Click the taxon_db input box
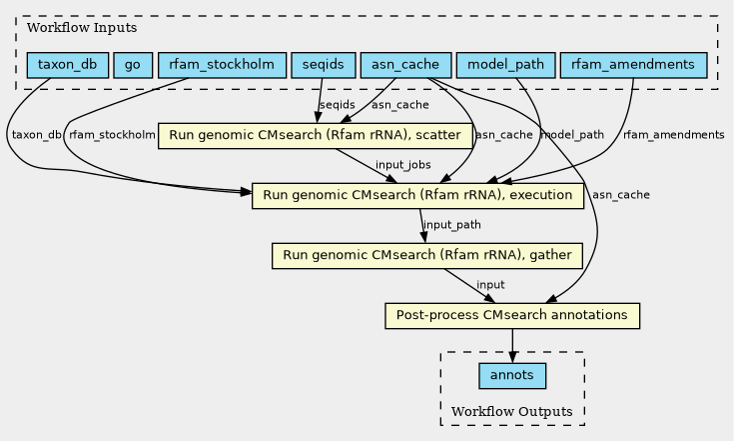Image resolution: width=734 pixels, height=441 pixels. click(67, 66)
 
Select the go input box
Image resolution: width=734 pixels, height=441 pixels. click(132, 66)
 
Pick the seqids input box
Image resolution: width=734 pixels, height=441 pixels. click(322, 66)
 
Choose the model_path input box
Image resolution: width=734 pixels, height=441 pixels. click(505, 66)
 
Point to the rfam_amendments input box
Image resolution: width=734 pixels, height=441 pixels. click(634, 66)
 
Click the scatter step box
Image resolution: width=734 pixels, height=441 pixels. click(315, 135)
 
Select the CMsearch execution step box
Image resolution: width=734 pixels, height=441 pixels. click(417, 196)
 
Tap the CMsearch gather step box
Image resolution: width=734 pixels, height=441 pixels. click(427, 256)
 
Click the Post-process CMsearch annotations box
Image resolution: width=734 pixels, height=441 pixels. click(511, 316)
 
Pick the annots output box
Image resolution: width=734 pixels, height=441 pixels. click(512, 376)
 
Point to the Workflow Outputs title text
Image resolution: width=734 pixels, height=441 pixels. click(512, 412)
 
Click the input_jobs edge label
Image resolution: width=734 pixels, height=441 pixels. click(402, 164)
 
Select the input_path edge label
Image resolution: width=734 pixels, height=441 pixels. click(452, 225)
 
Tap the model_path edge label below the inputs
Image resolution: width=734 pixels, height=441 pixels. click(572, 135)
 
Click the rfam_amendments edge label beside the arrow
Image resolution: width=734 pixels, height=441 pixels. click(673, 135)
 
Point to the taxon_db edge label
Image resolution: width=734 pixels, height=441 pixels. click(37, 135)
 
